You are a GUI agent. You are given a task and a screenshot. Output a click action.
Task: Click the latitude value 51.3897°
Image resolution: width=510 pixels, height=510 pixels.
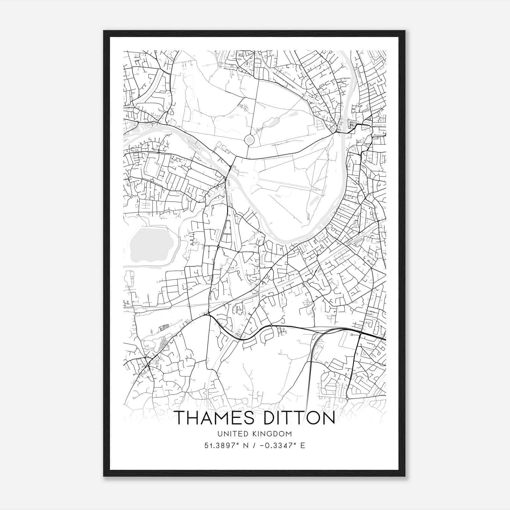coord(221,445)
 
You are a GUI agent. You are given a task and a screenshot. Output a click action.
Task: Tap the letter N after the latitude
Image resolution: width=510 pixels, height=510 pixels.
coord(245,445)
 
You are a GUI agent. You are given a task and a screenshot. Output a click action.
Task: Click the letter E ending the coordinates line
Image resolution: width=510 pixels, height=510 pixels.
coord(302,445)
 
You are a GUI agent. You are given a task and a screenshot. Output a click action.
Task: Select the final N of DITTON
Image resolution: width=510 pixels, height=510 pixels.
coord(328,418)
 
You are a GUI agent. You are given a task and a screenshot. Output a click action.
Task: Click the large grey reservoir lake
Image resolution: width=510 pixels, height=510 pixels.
coord(150,242)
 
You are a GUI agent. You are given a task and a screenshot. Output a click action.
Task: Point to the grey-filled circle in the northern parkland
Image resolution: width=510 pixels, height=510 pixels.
coord(249,140)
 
